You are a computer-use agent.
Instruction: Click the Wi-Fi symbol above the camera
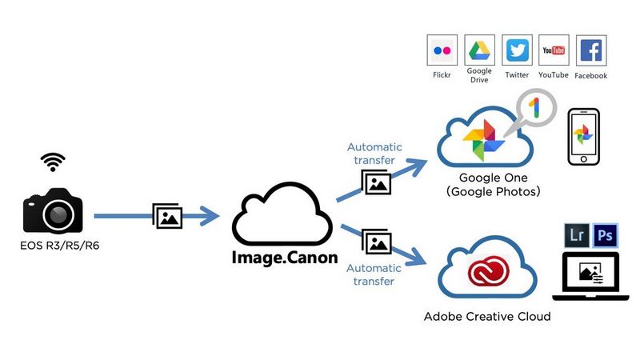(x=53, y=162)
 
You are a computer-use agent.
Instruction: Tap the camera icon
(x=53, y=210)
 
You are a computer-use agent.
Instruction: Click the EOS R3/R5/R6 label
(x=53, y=244)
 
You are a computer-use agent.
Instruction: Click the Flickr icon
(x=442, y=50)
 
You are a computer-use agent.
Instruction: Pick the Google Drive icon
(x=479, y=50)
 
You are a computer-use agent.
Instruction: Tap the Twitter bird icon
(x=517, y=50)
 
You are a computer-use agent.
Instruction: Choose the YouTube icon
(x=554, y=50)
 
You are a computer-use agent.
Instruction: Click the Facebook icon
(x=591, y=50)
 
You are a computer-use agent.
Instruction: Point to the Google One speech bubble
(x=537, y=110)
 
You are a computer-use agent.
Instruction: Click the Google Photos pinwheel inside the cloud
(x=484, y=138)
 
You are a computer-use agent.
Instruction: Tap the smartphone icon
(x=583, y=138)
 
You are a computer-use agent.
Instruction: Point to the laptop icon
(x=590, y=276)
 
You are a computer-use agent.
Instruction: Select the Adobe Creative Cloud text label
(x=487, y=317)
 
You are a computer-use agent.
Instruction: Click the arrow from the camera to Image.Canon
(x=156, y=216)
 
